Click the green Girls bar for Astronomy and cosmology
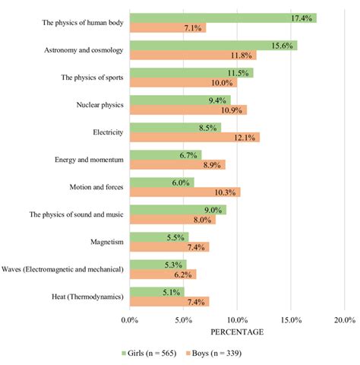[x=213, y=46]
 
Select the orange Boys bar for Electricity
[x=194, y=138]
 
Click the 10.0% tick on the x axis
[x=237, y=319]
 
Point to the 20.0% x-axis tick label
[x=344, y=319]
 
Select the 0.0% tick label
[x=130, y=319]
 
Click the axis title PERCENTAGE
[x=237, y=332]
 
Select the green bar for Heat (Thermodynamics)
[x=157, y=291]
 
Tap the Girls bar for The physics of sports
[x=191, y=73]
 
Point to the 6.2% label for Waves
[x=185, y=274]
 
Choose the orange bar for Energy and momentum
[x=178, y=165]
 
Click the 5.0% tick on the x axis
[x=184, y=319]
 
